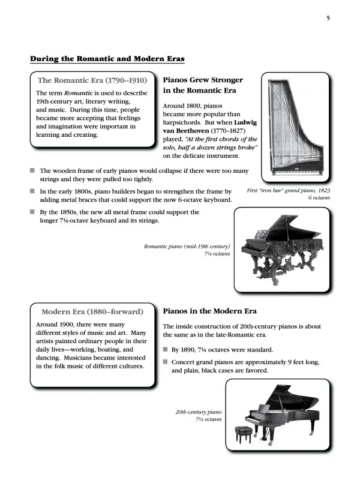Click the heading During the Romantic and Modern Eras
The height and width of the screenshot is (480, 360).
pos(107,59)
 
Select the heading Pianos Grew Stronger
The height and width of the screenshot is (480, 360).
pos(203,79)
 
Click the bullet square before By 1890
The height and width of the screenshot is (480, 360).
pos(166,349)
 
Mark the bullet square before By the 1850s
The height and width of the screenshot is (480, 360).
pos(33,212)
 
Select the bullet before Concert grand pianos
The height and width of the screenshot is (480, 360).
pos(166,362)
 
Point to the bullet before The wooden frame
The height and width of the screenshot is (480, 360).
pos(33,170)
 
